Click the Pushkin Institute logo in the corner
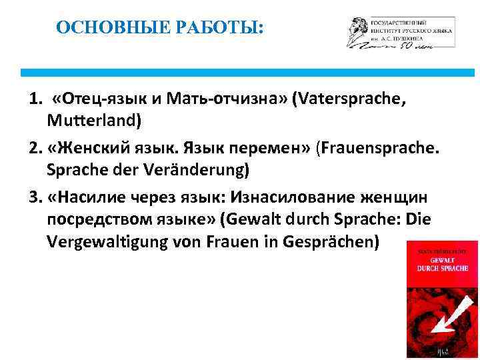399,32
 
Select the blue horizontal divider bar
247,72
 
